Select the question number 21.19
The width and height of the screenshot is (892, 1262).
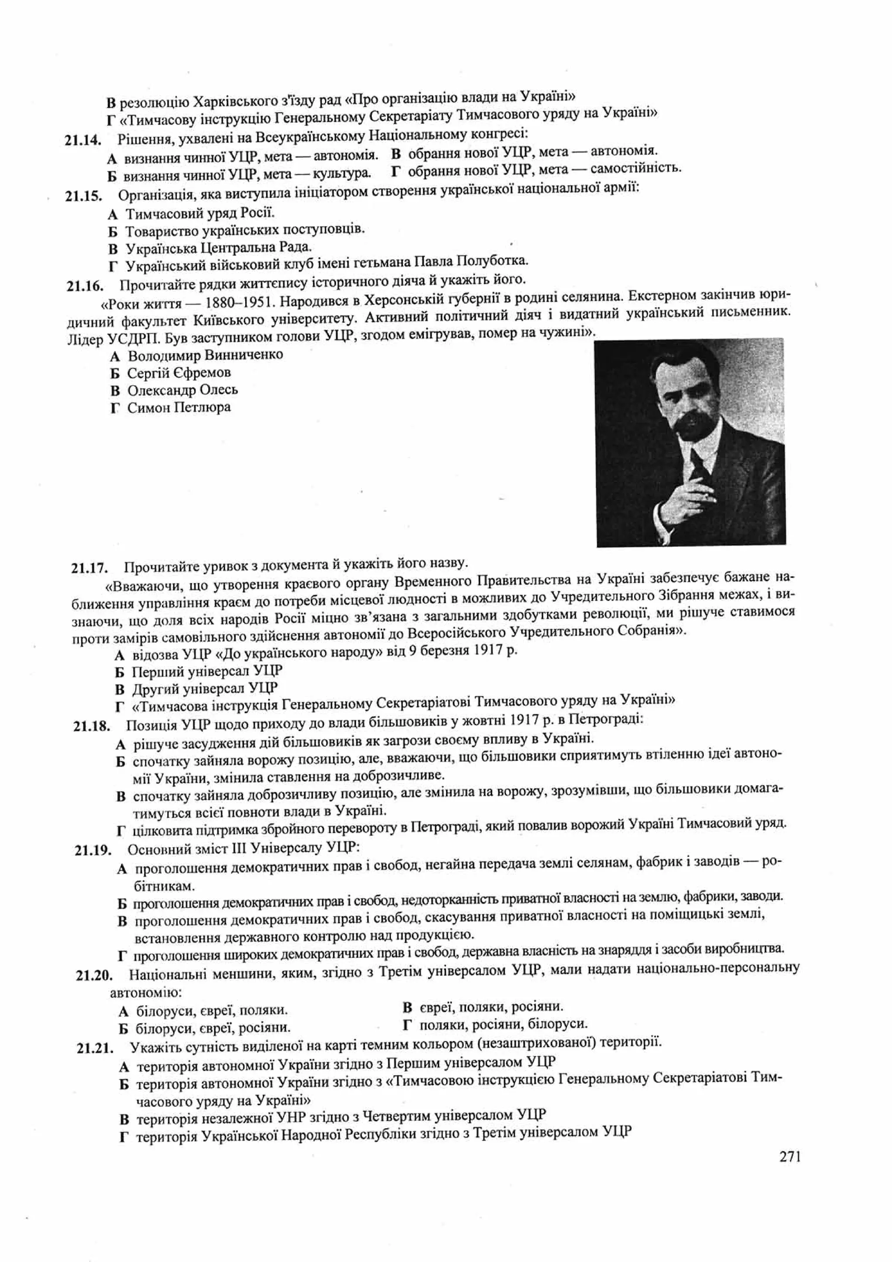93,850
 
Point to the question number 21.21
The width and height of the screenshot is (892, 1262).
95,1048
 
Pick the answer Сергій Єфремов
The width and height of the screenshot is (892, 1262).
179,373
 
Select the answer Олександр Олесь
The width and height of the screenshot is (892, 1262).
182,390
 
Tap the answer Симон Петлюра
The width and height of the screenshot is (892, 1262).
179,408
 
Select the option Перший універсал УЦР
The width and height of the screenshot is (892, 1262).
206,672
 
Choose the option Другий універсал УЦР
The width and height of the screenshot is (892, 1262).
204,689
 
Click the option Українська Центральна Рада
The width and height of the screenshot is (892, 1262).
218,248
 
